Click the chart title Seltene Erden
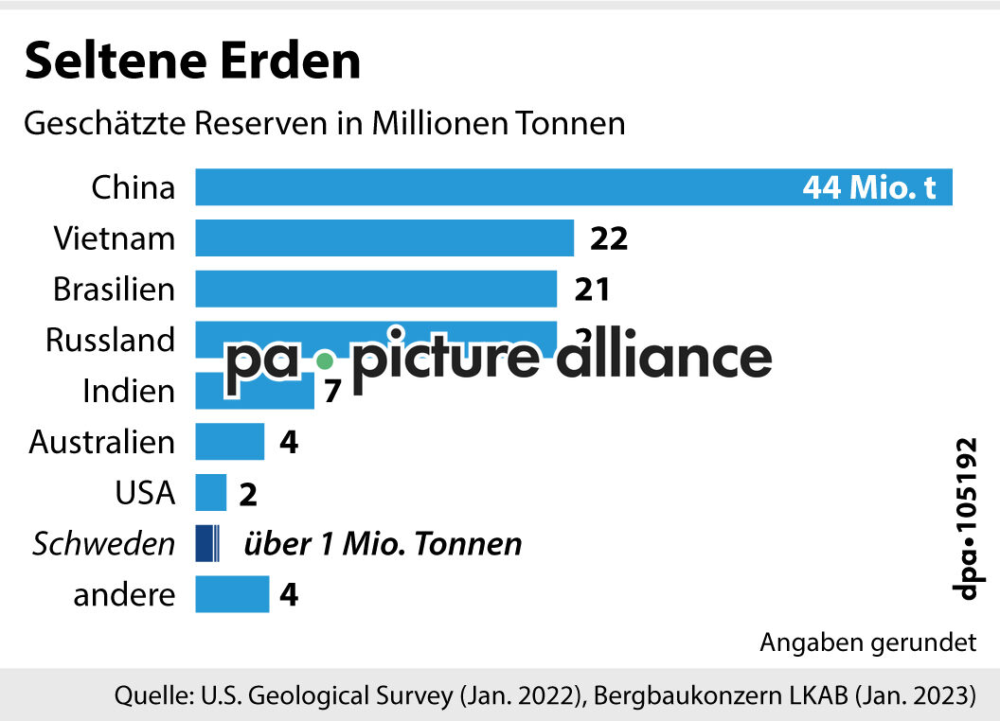tap(192, 61)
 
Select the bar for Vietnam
tap(384, 237)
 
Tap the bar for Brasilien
tap(376, 289)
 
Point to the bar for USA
tap(211, 493)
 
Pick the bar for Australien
tap(229, 442)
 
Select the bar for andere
tap(232, 595)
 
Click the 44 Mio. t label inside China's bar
tap(869, 187)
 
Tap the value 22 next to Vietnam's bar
tap(609, 238)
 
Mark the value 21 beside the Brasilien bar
tap(592, 290)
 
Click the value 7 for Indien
tap(331, 391)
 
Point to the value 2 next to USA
tap(248, 494)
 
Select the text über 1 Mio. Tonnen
tap(383, 544)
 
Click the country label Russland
tap(110, 340)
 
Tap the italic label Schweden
tap(104, 544)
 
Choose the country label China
tap(134, 186)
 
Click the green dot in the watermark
tap(325, 360)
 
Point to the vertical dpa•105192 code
tap(965, 518)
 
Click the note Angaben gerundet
tap(867, 643)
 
